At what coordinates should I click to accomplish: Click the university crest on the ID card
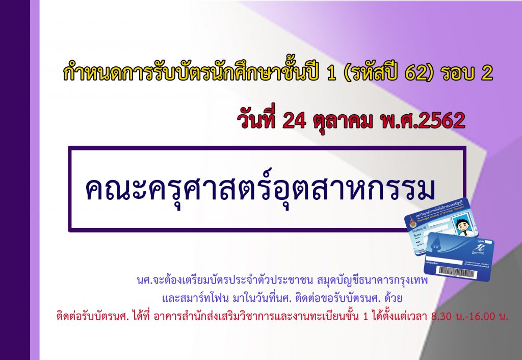point(412,221)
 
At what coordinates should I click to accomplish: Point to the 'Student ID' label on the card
point(419,229)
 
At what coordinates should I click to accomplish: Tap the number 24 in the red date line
point(294,120)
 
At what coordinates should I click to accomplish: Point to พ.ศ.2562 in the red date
point(422,120)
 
